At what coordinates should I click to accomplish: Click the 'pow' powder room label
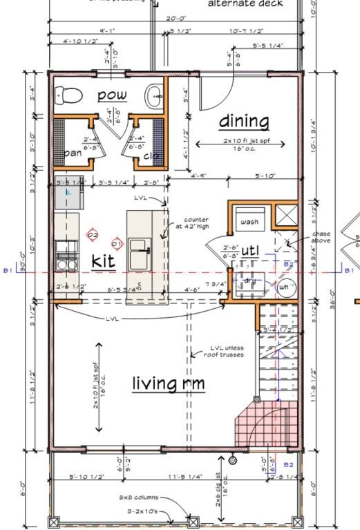coord(111,95)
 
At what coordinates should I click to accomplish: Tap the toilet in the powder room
coord(68,94)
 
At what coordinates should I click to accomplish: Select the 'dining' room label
coord(244,122)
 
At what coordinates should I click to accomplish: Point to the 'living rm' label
coord(168,383)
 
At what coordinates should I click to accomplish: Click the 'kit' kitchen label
coord(104,261)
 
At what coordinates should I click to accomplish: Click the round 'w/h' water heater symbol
coord(284,286)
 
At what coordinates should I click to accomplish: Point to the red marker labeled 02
coord(93,235)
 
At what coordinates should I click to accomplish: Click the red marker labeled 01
coord(117,244)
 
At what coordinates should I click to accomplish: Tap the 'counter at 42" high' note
coord(196,223)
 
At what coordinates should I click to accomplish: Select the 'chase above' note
coord(321,237)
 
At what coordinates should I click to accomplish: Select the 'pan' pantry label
coord(73,153)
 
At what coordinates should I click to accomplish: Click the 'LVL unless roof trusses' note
coord(227,352)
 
